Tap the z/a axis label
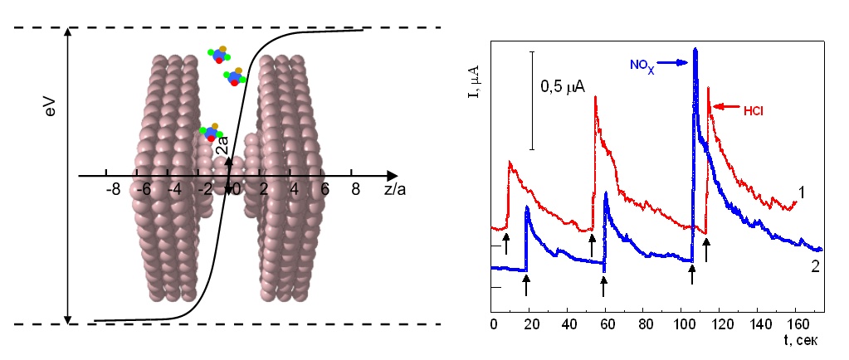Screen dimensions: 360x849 tap(396, 191)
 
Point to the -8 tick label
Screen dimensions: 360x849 tap(113, 190)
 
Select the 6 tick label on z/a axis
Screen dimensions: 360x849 tap(324, 190)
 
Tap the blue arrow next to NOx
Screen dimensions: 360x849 tap(675, 62)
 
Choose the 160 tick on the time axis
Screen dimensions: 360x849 tap(795, 322)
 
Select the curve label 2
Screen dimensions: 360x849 tap(814, 266)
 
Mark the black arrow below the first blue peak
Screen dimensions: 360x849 tap(526, 284)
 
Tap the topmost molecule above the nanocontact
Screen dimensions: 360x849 tap(219, 56)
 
